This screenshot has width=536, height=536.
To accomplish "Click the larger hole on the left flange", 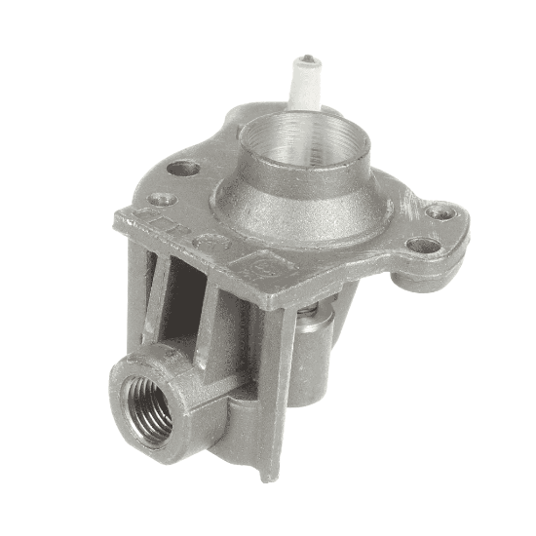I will click(183, 168).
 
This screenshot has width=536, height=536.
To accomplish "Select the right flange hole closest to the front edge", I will click(423, 245).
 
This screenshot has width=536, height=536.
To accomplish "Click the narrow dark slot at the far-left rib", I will click(146, 292).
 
